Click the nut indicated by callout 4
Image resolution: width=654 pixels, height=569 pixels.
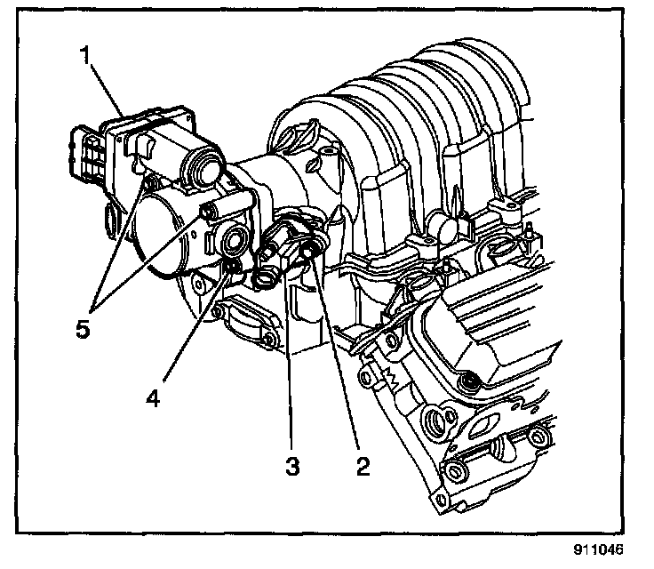click(233, 268)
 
